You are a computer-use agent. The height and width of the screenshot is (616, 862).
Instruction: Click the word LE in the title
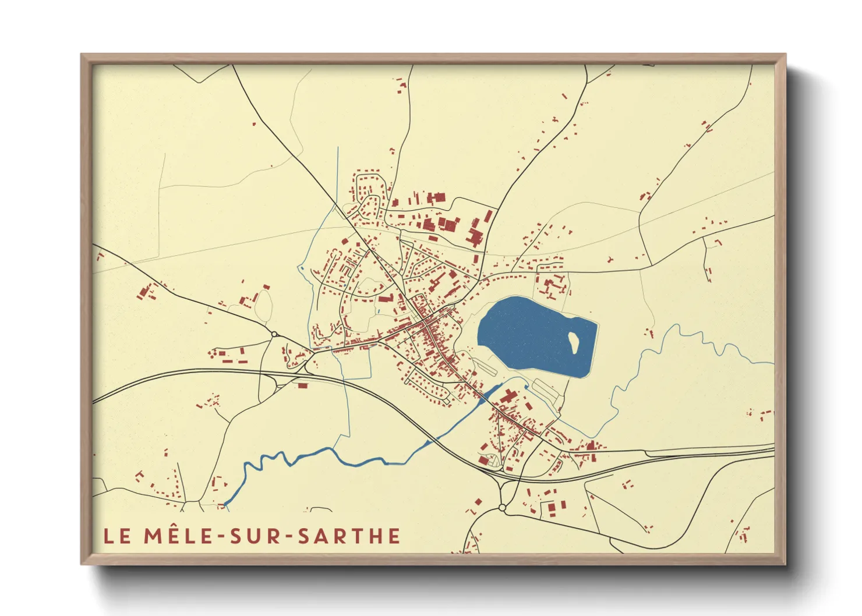(117, 536)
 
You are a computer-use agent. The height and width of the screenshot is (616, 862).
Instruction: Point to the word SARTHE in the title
(349, 536)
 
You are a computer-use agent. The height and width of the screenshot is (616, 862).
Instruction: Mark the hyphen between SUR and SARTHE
(289, 537)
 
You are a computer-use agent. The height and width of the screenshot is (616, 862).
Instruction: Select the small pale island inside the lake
(574, 342)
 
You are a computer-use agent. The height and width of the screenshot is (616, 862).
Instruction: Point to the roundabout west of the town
(274, 334)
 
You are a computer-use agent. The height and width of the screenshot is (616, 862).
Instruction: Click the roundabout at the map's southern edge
(502, 508)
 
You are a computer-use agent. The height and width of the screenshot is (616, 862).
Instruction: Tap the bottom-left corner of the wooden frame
(82, 563)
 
